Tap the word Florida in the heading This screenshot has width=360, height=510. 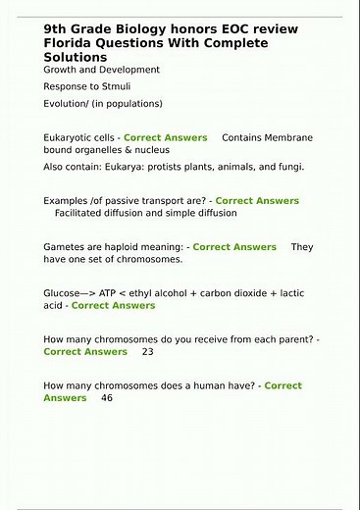(71, 44)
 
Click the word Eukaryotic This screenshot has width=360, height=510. (72, 138)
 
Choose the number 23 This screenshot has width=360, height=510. (148, 351)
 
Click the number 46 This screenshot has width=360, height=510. (107, 398)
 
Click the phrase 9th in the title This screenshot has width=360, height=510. (55, 30)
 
